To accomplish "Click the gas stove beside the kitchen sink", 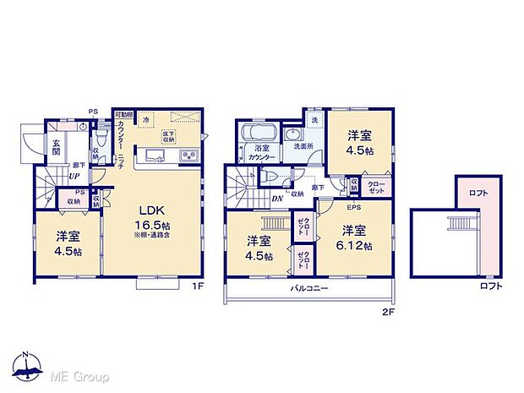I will click(186, 156).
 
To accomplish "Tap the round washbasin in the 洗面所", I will click(292, 136).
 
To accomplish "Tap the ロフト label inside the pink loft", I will click(478, 194).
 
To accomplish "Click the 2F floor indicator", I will click(386, 310).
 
